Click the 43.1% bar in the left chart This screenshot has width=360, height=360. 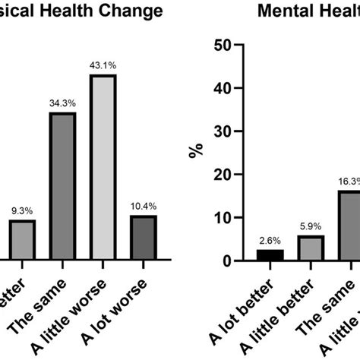103,167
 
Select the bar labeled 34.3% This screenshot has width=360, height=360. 62,186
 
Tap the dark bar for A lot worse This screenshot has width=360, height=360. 144,238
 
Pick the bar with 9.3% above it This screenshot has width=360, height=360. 22,240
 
